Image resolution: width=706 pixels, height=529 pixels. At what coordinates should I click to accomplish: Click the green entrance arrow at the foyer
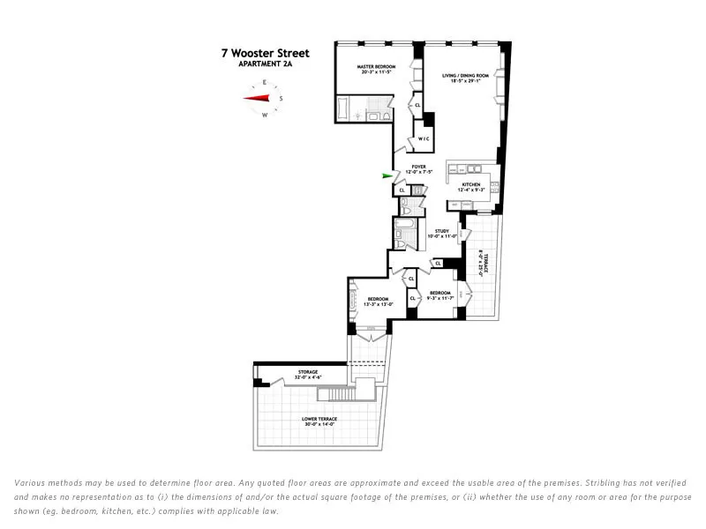pyautogui.click(x=387, y=176)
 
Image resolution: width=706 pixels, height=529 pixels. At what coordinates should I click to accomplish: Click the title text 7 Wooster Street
pyautogui.click(x=265, y=54)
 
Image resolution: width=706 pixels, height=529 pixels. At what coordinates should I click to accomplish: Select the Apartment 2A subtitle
pyautogui.click(x=265, y=64)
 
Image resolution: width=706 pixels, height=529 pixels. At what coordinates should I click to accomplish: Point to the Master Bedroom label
pyautogui.click(x=376, y=67)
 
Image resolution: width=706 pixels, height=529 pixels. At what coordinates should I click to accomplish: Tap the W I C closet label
pyautogui.click(x=424, y=139)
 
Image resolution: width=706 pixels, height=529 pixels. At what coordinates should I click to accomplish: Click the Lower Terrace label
pyautogui.click(x=319, y=419)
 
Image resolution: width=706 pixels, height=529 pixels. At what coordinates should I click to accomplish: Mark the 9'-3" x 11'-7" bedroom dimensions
pyautogui.click(x=439, y=298)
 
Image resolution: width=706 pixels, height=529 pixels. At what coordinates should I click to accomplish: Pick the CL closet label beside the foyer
pyautogui.click(x=402, y=190)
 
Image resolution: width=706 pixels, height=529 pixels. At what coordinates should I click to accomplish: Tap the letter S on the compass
pyautogui.click(x=281, y=98)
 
